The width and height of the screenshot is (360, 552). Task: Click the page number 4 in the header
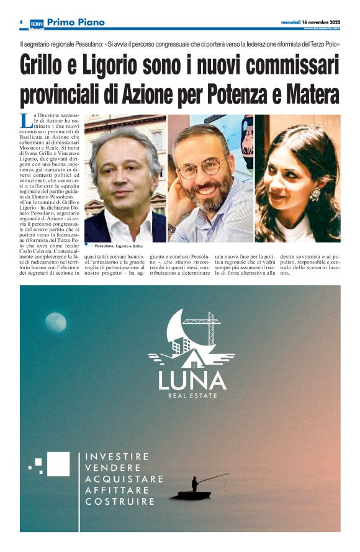click(21, 22)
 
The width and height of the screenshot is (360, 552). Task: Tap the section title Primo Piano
click(76, 22)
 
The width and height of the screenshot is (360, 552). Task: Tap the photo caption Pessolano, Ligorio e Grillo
click(119, 246)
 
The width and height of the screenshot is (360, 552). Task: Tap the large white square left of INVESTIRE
click(58, 464)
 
